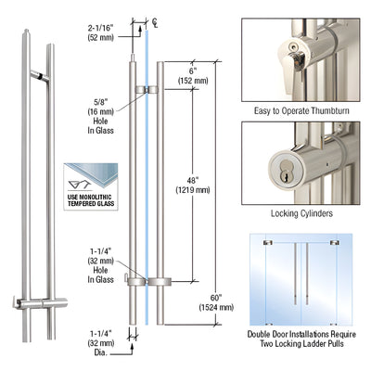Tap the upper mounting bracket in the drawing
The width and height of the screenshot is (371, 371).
point(145,91)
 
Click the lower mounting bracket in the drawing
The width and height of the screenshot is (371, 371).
point(145,281)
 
